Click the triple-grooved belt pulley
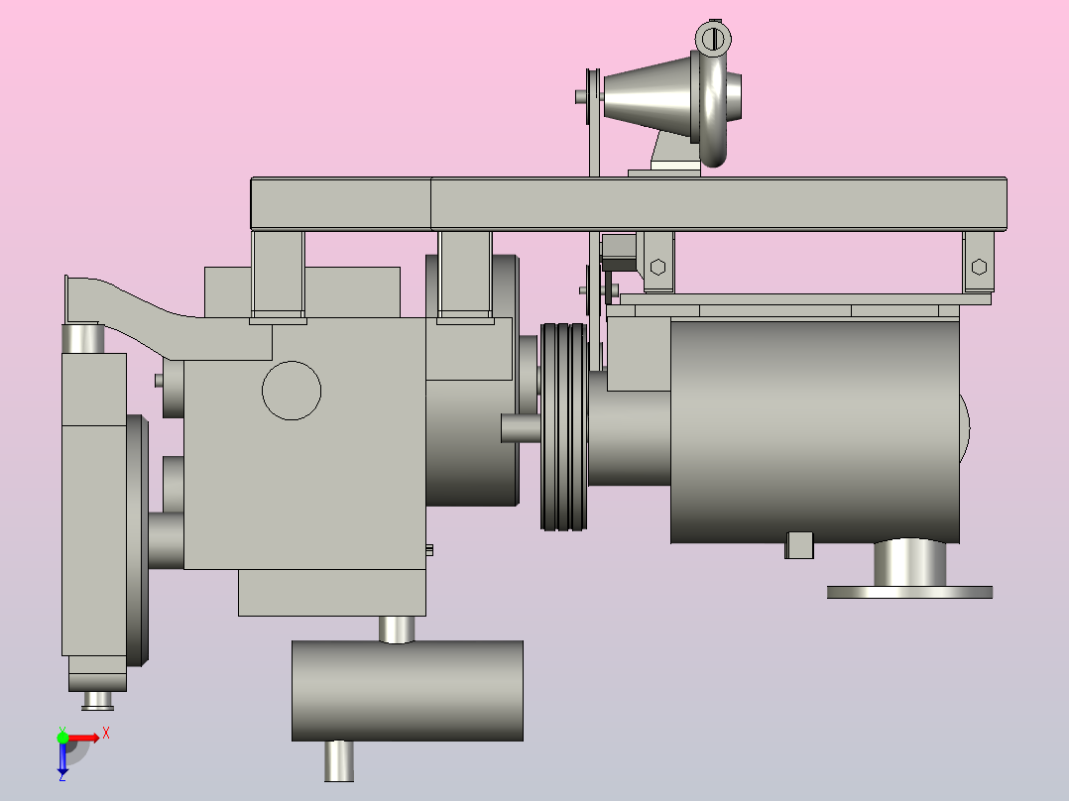[x=564, y=426]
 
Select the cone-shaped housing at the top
[x=647, y=96]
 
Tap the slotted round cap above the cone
[x=713, y=38]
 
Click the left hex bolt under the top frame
[x=657, y=267]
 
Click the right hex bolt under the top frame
[x=979, y=267]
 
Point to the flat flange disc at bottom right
[x=909, y=593]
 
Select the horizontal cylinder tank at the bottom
[x=407, y=691]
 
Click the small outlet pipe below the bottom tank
[x=338, y=761]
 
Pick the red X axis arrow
[x=83, y=739]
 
